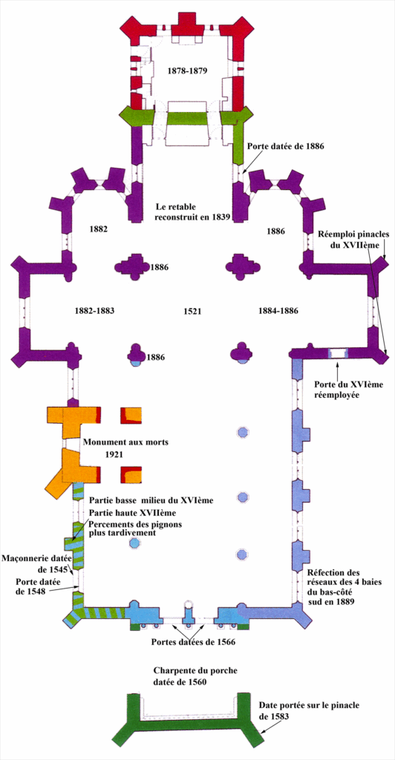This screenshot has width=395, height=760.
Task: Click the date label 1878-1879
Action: click(x=187, y=71)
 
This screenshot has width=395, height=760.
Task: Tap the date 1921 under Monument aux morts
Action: click(x=115, y=455)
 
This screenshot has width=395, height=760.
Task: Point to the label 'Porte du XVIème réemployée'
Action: click(x=342, y=390)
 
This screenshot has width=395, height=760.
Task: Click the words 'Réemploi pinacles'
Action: click(x=354, y=234)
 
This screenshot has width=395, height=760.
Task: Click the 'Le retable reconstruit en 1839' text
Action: click(x=192, y=211)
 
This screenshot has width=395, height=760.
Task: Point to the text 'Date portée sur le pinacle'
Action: click(x=309, y=706)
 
